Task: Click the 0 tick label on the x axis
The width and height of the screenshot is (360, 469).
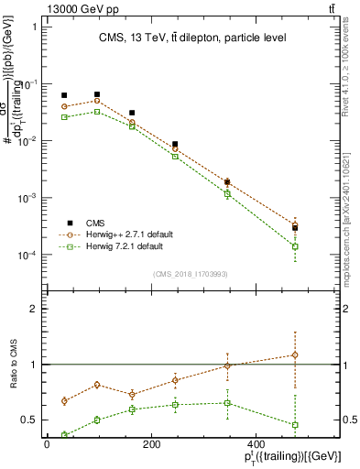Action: (47, 445)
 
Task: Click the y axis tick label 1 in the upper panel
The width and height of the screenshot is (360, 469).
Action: (37, 27)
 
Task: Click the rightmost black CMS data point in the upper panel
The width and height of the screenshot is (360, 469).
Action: (295, 227)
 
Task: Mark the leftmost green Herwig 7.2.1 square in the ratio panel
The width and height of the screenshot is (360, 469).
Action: (64, 435)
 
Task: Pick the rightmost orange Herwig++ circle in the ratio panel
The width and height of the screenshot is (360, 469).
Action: (295, 354)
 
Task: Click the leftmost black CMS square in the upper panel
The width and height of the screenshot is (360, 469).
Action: (64, 95)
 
